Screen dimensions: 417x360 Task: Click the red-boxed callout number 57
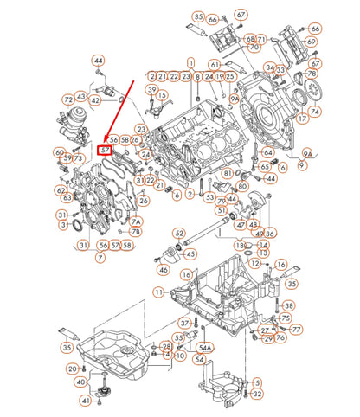pos(105,150)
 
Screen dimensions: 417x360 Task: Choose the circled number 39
pos(152,90)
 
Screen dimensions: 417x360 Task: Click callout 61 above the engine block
pos(214,65)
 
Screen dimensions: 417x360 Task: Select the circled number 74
pos(315,111)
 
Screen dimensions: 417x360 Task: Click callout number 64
pos(267,152)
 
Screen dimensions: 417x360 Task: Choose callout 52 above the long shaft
pos(178,233)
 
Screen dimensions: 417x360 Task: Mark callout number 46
pos(164,269)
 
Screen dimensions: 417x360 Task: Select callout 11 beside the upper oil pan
pos(159,292)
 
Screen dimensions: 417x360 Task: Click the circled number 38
pos(288,305)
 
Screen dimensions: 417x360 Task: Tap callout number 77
pos(296,330)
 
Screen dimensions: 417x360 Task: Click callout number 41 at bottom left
pos(85,401)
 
